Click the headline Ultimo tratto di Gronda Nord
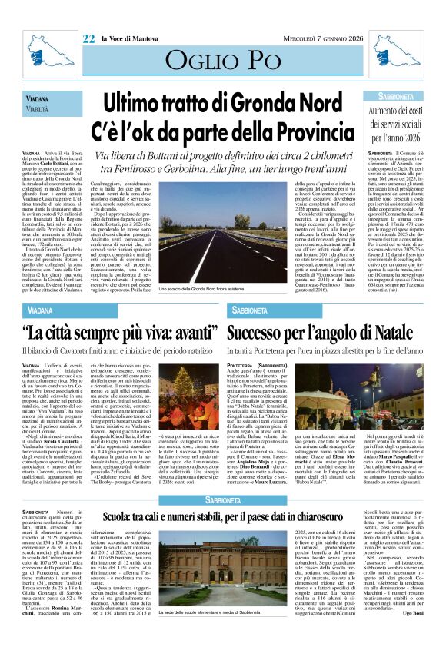point(224,101)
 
